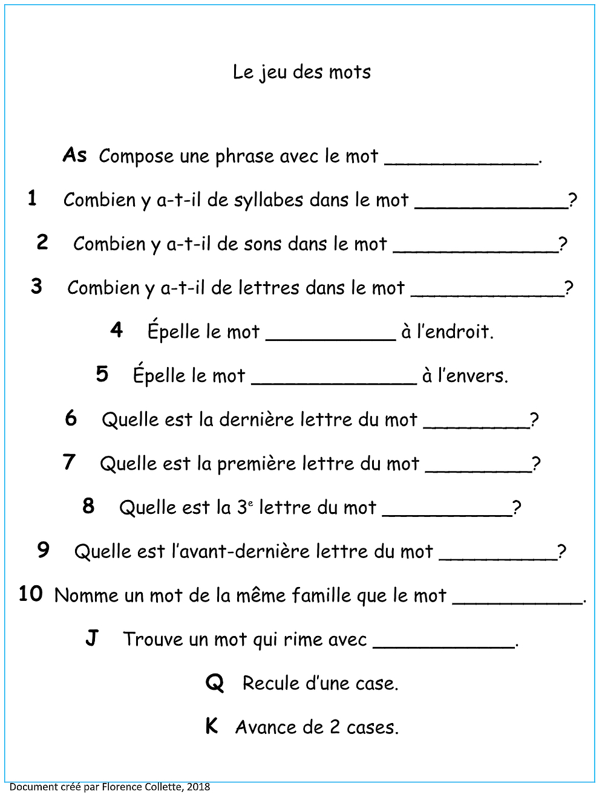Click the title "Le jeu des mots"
(x=302, y=73)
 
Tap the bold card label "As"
(x=75, y=155)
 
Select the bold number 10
(x=30, y=594)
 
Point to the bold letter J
(x=91, y=638)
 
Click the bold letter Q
(x=215, y=683)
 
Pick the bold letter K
(x=211, y=726)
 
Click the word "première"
(x=254, y=464)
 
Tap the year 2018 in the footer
(x=198, y=787)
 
